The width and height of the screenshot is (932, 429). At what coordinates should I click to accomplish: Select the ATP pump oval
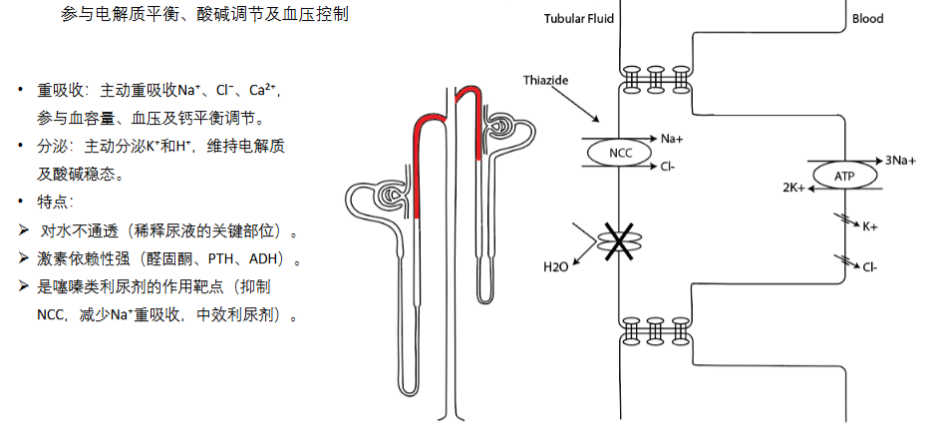click(844, 176)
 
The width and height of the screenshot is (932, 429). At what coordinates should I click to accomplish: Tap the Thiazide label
click(545, 80)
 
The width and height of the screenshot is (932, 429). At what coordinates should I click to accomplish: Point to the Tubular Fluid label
click(579, 18)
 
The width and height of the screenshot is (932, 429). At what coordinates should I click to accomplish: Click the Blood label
click(868, 18)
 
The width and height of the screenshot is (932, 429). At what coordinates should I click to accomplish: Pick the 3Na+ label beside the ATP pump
click(900, 160)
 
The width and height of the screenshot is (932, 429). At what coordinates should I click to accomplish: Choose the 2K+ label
click(794, 188)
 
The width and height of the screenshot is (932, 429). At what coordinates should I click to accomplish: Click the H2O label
click(556, 266)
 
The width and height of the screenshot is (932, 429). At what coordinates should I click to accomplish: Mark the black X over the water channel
click(619, 241)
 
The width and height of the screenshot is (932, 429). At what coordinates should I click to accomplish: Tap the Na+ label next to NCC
click(672, 139)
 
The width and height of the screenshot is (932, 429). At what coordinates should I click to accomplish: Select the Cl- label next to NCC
click(668, 167)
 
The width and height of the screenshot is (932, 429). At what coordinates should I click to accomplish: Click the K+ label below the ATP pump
click(869, 226)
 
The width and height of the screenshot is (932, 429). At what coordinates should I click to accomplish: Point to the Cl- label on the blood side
click(870, 267)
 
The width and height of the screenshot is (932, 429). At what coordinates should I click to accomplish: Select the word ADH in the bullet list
click(262, 259)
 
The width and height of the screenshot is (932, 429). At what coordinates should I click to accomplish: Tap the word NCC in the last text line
click(50, 314)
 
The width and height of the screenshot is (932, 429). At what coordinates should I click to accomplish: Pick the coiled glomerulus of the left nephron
click(393, 194)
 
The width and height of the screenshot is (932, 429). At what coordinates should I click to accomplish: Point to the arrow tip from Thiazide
click(598, 123)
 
